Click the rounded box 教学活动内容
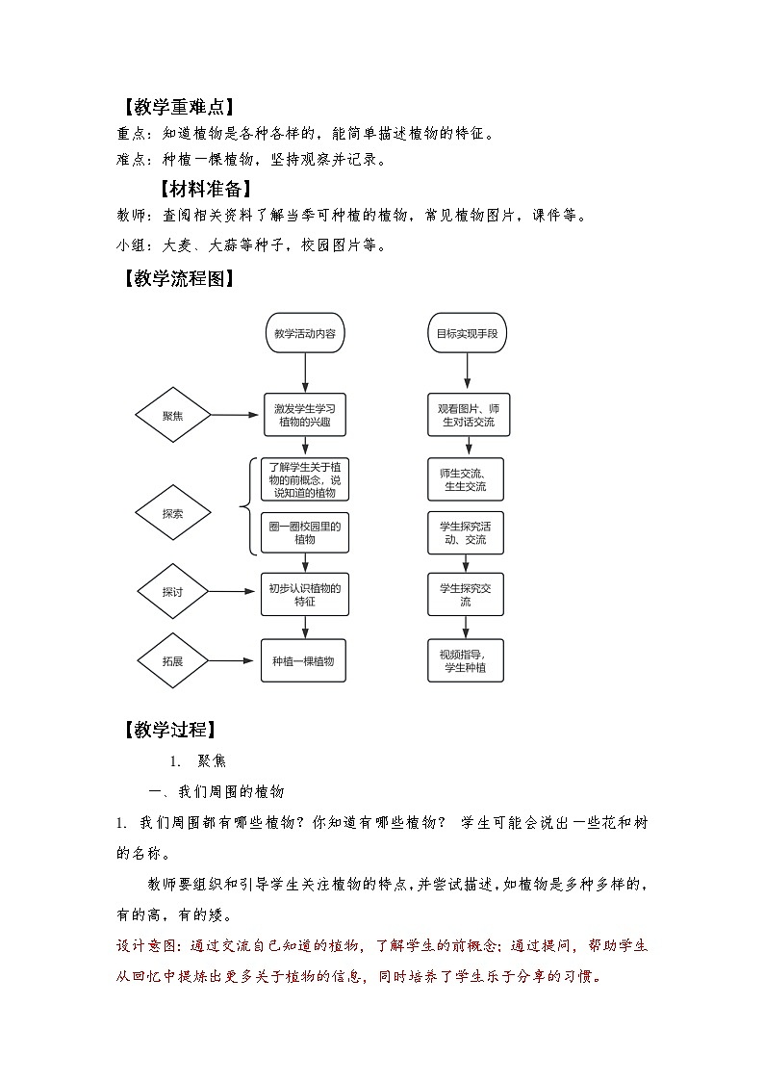tap(305, 334)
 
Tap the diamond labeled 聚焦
tap(173, 416)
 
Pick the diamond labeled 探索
tap(173, 514)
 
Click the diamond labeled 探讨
tap(173, 592)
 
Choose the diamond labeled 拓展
tap(173, 661)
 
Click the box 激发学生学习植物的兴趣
tap(305, 416)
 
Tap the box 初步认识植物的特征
tap(305, 593)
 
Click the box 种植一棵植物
tap(305, 661)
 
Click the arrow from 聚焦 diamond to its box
tap(236, 416)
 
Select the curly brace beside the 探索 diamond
tap(246, 506)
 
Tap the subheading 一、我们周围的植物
tap(216, 791)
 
